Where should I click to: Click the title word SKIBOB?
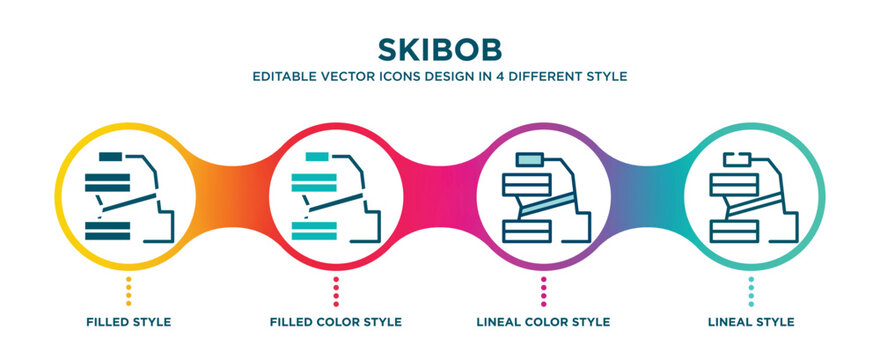pyautogui.click(x=440, y=49)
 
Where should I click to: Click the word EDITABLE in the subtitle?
pyautogui.click(x=285, y=76)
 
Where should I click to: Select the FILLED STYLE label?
pyautogui.click(x=128, y=322)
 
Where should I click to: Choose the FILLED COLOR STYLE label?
pyautogui.click(x=336, y=322)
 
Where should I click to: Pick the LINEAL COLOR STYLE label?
pyautogui.click(x=544, y=322)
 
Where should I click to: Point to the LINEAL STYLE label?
pyautogui.click(x=751, y=322)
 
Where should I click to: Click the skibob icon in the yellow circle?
pyautogui.click(x=129, y=196)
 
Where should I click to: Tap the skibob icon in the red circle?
pyautogui.click(x=336, y=196)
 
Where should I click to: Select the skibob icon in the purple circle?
pyautogui.click(x=544, y=196)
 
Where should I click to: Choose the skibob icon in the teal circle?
pyautogui.click(x=751, y=196)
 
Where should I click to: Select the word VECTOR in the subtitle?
pyautogui.click(x=349, y=76)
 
